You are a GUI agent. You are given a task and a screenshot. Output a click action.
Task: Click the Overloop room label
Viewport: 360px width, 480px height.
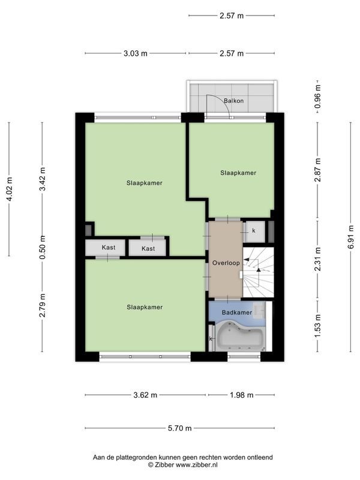[x=225, y=263]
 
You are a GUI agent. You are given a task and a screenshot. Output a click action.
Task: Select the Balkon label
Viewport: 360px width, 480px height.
[x=234, y=101]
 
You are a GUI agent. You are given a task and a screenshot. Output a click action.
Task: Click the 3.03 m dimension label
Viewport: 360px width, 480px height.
[x=136, y=53]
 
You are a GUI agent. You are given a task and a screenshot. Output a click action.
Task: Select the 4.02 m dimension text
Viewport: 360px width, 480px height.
[x=9, y=189]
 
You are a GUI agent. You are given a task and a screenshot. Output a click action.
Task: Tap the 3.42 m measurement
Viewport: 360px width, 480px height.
[x=42, y=178]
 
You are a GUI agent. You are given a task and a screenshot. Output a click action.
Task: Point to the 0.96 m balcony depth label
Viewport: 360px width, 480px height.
[x=318, y=96]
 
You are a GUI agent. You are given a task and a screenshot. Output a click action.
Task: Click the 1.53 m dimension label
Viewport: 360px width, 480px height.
[x=318, y=329]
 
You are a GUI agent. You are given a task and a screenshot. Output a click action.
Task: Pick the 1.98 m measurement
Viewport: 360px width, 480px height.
[x=241, y=395]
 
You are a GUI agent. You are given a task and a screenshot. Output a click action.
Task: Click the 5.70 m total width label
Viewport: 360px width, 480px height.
[x=179, y=428]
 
